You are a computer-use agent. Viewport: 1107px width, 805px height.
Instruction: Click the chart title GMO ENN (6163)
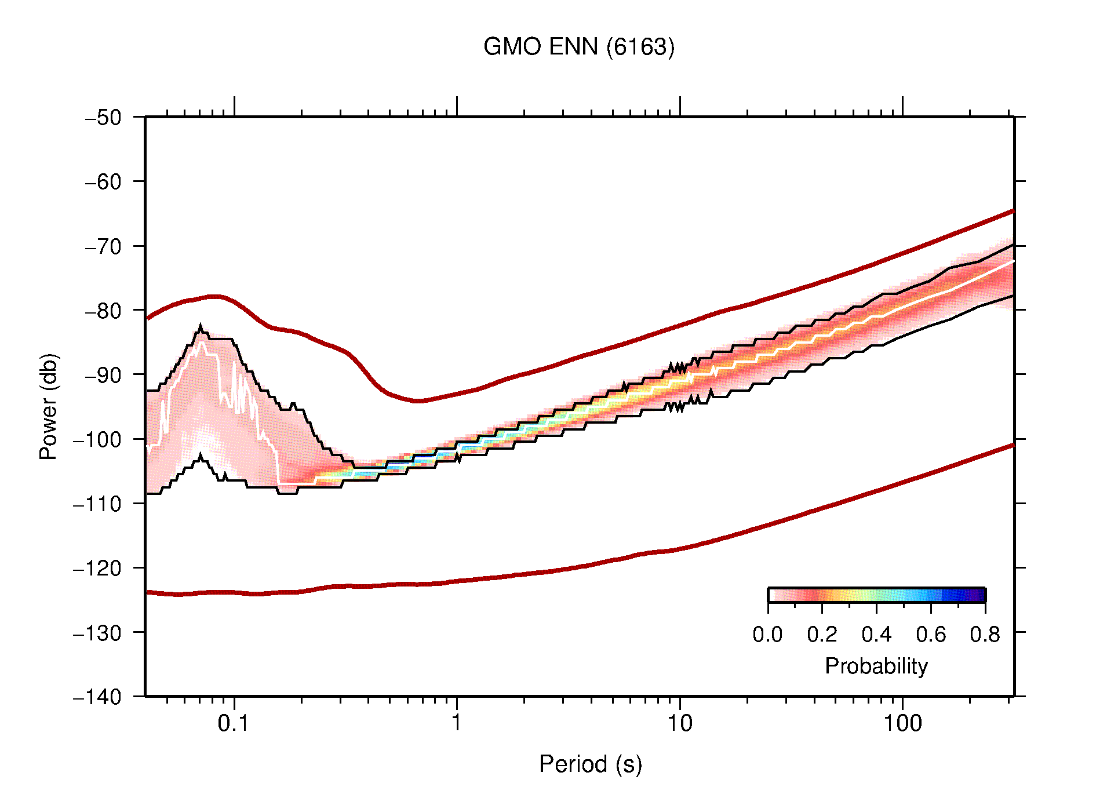pyautogui.click(x=579, y=47)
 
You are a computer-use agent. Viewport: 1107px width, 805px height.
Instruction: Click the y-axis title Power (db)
pyautogui.click(x=49, y=406)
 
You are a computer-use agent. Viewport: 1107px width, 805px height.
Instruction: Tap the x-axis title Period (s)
pyautogui.click(x=590, y=764)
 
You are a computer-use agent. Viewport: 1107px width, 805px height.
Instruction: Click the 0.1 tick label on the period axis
pyautogui.click(x=233, y=723)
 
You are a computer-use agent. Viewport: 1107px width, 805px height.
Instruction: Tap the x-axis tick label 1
pyautogui.click(x=457, y=723)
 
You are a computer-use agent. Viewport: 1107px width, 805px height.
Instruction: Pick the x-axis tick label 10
pyautogui.click(x=679, y=723)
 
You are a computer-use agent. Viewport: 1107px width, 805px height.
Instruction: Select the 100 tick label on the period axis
pyautogui.click(x=902, y=723)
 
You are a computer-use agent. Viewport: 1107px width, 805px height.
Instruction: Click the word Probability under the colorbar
pyautogui.click(x=876, y=666)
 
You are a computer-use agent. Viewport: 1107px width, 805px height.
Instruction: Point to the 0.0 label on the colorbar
pyautogui.click(x=767, y=635)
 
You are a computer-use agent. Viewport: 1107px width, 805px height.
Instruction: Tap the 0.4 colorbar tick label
pyautogui.click(x=876, y=635)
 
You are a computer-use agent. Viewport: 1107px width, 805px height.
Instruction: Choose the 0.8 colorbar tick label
pyautogui.click(x=985, y=635)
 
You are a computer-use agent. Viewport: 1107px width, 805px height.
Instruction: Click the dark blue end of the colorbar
pyautogui.click(x=979, y=595)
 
